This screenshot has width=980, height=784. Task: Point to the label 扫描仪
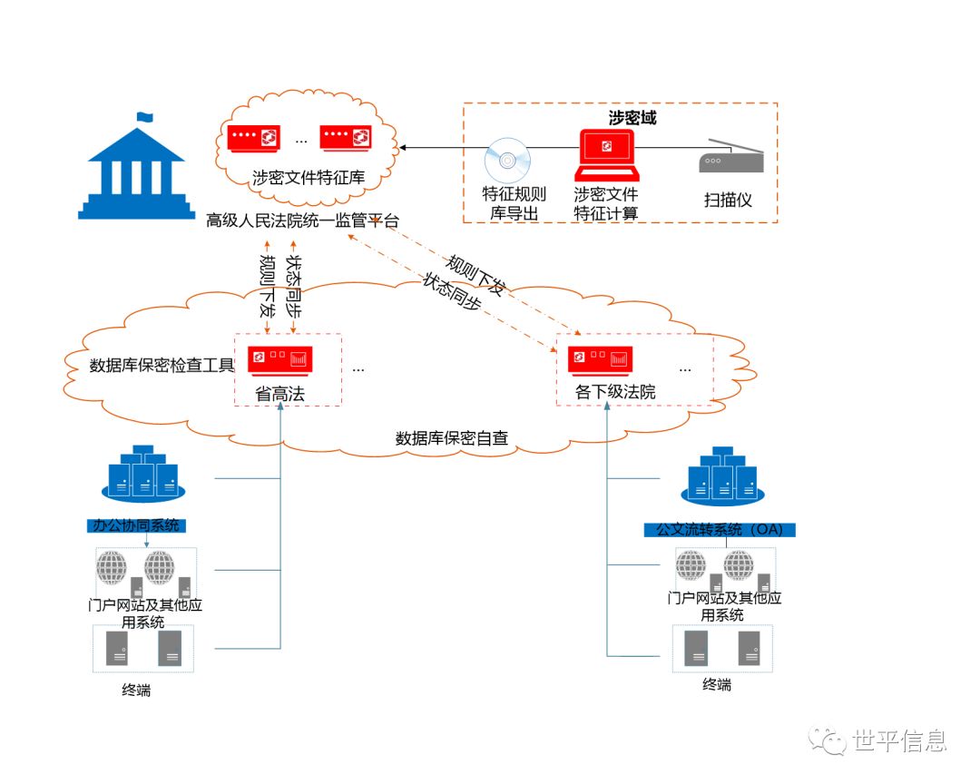pos(728,200)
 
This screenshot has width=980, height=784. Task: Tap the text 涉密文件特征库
pos(308,178)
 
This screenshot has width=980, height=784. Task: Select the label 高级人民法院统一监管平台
pos(302,220)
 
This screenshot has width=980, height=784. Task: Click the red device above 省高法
pos(281,360)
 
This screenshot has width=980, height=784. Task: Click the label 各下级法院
pos(615,392)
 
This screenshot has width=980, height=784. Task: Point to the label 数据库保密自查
pos(451,438)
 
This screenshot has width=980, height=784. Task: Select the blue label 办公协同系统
pos(136,525)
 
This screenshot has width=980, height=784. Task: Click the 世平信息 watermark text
pos(899,741)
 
